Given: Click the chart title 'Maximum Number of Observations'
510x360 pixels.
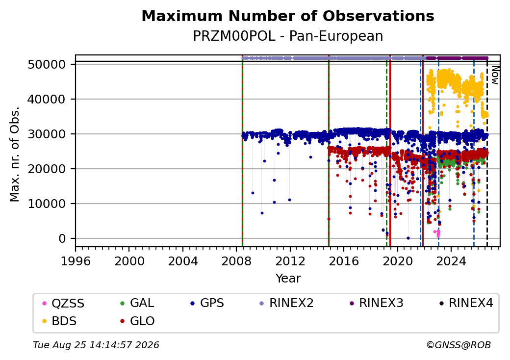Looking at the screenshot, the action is click(x=288, y=16).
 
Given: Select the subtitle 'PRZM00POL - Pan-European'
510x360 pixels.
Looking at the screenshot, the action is click(x=288, y=36).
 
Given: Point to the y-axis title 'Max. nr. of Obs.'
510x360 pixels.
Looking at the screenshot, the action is click(x=15, y=154).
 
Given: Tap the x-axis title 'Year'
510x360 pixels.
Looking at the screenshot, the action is click(x=288, y=279).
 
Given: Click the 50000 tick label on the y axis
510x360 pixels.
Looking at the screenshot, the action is click(x=47, y=64).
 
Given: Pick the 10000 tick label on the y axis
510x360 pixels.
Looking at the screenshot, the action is click(x=47, y=204).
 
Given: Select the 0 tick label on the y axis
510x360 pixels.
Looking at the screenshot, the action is click(x=62, y=238).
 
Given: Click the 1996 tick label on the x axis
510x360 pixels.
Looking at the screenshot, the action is click(x=76, y=261).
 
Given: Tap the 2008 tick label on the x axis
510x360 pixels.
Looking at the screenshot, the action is click(x=236, y=261).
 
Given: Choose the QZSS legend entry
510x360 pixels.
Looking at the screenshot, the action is click(x=63, y=304).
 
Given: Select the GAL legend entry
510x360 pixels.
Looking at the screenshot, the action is click(x=137, y=303).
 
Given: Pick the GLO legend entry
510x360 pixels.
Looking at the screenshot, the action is click(x=137, y=321).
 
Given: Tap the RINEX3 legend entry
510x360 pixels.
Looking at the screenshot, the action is click(x=376, y=303).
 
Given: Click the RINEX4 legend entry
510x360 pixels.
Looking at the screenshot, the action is click(x=466, y=303).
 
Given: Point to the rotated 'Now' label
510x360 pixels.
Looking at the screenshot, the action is click(x=495, y=75).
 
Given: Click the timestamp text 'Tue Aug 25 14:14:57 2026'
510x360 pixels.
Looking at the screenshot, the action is click(x=96, y=345).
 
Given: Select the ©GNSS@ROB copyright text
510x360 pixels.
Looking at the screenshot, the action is click(x=459, y=345).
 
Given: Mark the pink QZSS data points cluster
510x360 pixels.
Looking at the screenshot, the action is click(x=437, y=233).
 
